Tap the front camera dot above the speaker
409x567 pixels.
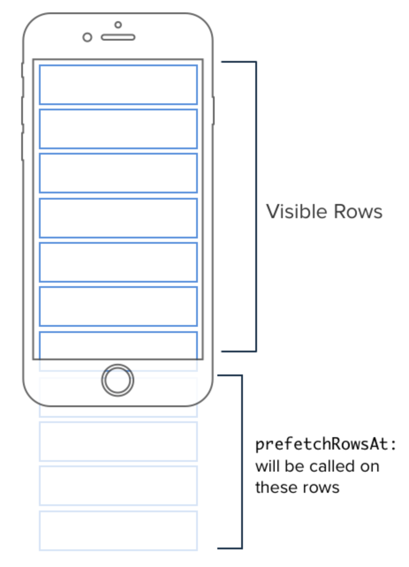tap(118, 25)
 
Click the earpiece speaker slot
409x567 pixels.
tap(118, 38)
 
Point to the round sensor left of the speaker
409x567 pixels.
tap(87, 38)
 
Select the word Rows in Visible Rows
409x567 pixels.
tap(358, 212)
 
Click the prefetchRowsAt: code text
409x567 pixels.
tap(326, 445)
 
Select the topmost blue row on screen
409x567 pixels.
tap(118, 85)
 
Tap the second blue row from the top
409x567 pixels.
tap(118, 129)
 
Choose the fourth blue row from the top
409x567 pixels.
tap(118, 218)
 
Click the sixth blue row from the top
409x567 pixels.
tap(118, 306)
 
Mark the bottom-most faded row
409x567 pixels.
tap(118, 531)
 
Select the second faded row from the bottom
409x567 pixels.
tap(118, 486)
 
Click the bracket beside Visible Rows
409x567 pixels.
tap(256, 207)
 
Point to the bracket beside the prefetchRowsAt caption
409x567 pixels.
tap(242, 462)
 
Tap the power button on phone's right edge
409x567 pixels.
tap(213, 110)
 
